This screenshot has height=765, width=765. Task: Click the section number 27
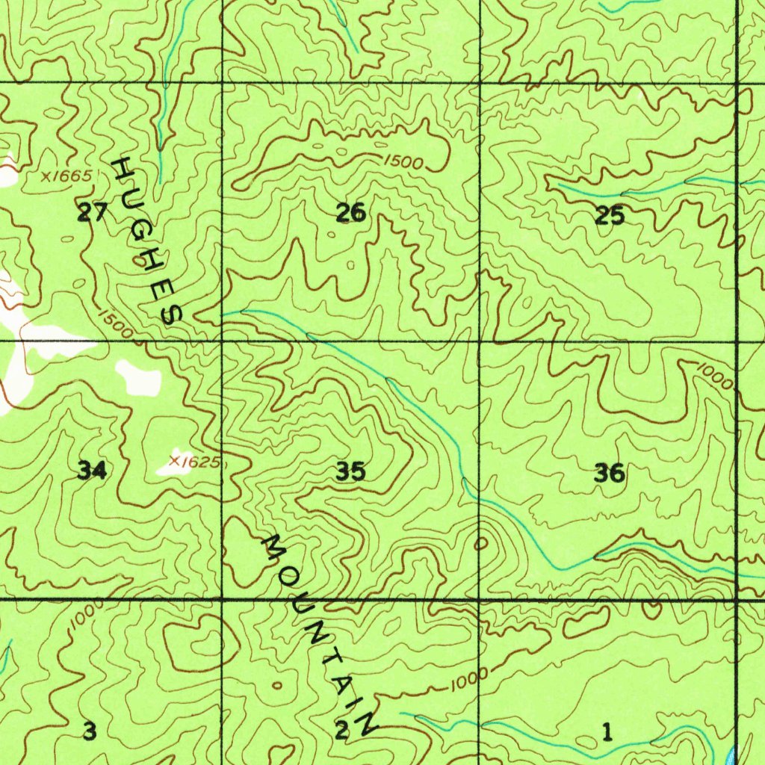(93, 213)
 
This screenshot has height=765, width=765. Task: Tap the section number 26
(350, 214)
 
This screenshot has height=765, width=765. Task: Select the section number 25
(610, 217)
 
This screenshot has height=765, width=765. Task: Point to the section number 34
(92, 471)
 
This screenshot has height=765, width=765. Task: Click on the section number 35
(350, 471)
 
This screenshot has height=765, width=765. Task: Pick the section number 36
(610, 473)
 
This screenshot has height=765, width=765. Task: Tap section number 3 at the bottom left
(90, 731)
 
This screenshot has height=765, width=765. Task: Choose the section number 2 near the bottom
(341, 731)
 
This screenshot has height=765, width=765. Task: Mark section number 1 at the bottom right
(607, 732)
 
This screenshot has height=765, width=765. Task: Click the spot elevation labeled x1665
(67, 177)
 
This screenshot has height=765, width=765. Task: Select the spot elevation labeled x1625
(194, 462)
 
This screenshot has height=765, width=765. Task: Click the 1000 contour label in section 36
(715, 376)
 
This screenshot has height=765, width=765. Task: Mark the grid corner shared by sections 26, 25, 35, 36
(479, 341)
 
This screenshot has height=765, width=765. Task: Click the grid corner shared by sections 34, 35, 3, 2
(223, 599)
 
